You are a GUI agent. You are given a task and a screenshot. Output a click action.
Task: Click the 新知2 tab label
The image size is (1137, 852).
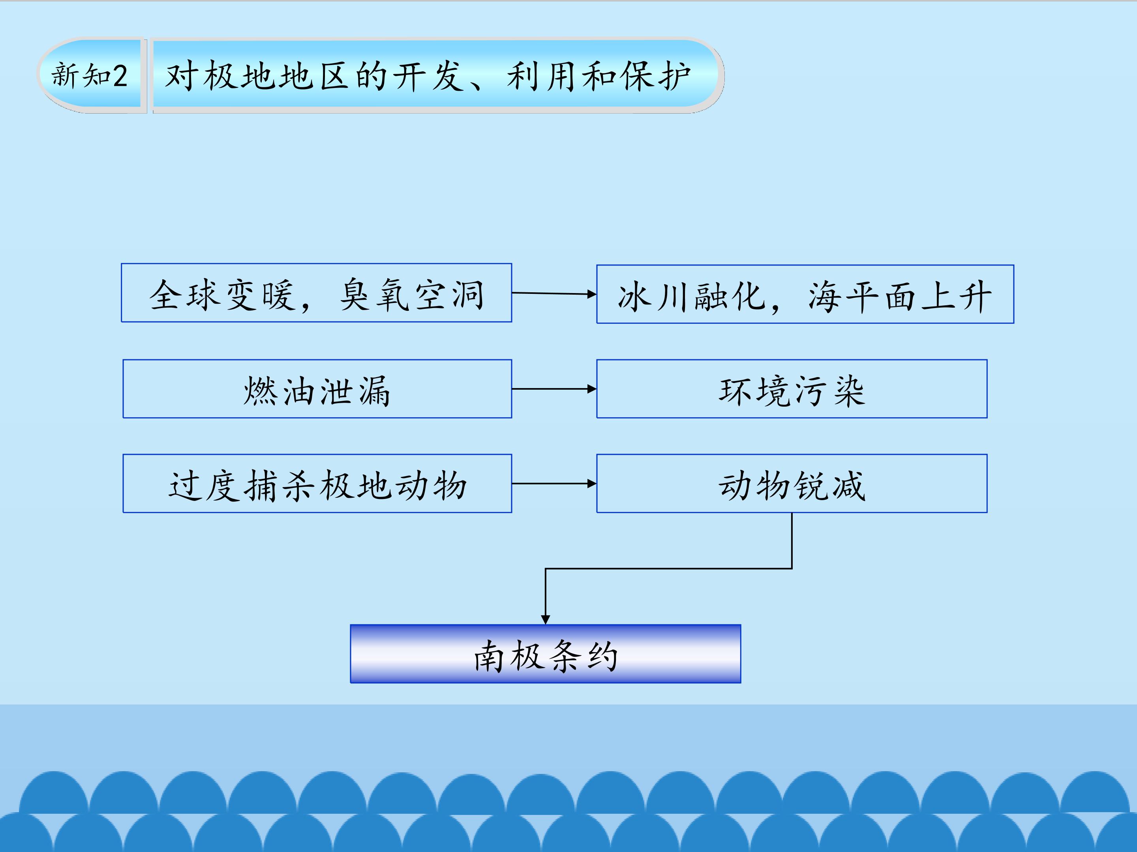pos(90,75)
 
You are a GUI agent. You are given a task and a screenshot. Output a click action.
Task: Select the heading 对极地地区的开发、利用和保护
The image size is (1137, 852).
pos(428,76)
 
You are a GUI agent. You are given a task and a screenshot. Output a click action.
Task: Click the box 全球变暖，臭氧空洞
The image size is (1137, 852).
pos(317,293)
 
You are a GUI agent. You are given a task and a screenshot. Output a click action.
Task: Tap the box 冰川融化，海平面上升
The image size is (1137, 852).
pos(805,294)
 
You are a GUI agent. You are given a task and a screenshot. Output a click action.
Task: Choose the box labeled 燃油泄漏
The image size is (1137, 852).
pos(317,389)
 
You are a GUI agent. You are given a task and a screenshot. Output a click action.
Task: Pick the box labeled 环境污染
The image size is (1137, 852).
pos(792,389)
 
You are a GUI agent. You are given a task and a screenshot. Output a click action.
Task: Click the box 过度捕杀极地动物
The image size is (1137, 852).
pos(317,483)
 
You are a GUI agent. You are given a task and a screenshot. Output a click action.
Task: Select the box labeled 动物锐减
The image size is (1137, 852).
pos(792,483)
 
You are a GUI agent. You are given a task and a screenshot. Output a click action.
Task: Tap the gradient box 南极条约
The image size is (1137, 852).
pos(545,654)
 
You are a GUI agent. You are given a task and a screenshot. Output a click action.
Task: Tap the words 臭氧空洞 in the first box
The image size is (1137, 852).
pos(411,294)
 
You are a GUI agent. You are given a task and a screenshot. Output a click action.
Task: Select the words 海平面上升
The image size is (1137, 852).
pos(899,296)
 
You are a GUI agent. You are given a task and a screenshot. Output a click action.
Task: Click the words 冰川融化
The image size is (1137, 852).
pos(692,296)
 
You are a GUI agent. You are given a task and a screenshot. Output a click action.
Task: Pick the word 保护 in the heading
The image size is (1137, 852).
pos(655,76)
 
